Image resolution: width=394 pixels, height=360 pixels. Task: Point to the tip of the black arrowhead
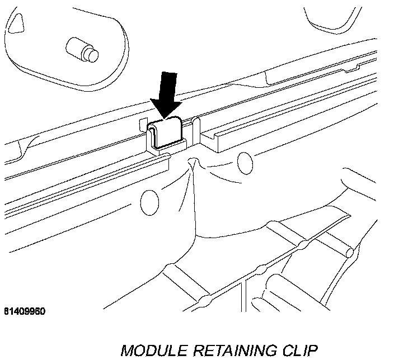[163, 118]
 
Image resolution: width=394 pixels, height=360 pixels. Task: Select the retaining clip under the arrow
[166, 133]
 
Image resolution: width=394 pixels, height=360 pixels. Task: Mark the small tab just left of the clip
[142, 124]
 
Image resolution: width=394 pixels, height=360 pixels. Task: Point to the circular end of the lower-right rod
[349, 252]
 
